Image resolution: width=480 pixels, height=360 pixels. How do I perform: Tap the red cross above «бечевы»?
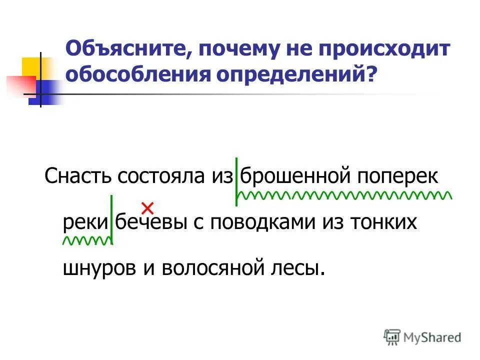tap(147, 206)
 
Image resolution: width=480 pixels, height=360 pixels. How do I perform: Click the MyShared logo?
tap(422, 337)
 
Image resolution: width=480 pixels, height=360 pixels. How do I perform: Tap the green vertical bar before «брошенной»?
tap(236, 181)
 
